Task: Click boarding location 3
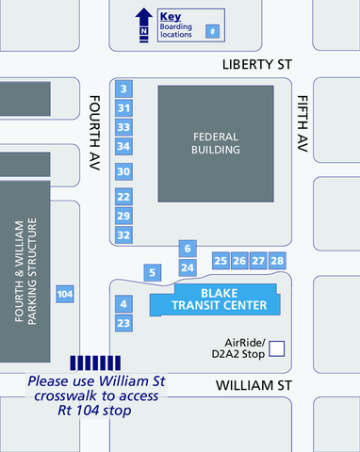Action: [x=123, y=89]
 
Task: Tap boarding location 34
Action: [x=123, y=146]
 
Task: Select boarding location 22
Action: [x=123, y=197]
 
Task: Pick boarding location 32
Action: [x=123, y=234]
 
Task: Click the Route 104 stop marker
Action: [x=65, y=295]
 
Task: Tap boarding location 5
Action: [x=153, y=272]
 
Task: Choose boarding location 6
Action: [x=188, y=249]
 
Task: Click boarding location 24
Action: [x=188, y=268]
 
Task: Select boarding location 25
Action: [x=221, y=261]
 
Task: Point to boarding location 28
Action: [x=277, y=261]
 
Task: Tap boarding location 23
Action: [x=123, y=324]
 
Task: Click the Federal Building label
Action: [x=216, y=143]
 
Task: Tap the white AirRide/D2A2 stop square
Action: [x=277, y=349]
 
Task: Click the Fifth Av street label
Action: [x=303, y=124]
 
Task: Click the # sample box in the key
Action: [x=213, y=31]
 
